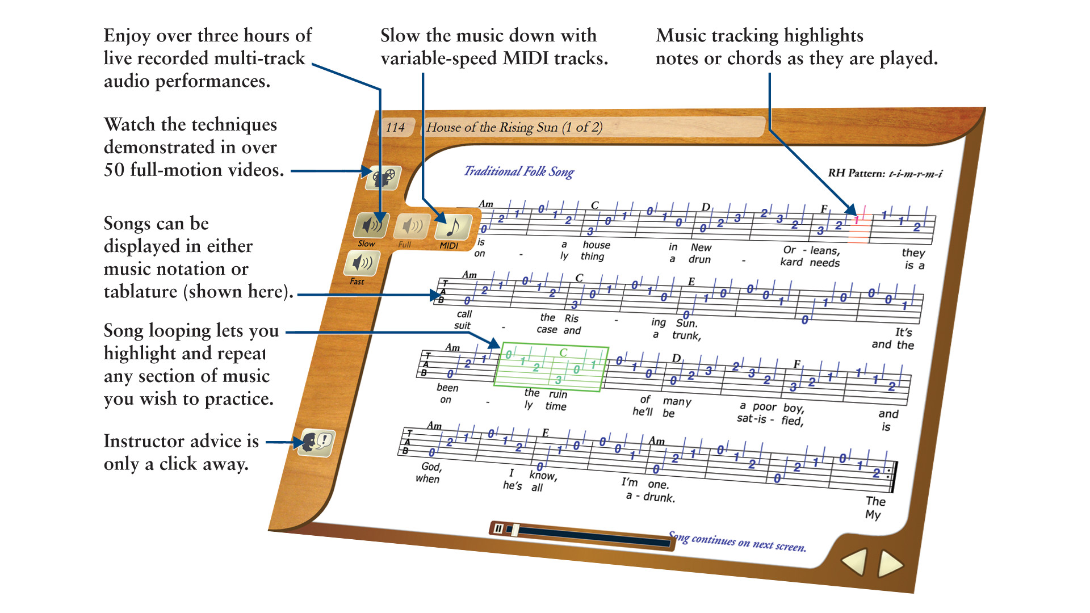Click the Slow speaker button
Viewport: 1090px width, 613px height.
tap(371, 225)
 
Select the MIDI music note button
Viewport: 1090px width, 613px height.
tap(452, 228)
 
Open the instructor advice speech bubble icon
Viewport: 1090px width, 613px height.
tap(316, 442)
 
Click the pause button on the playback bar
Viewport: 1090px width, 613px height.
tap(498, 528)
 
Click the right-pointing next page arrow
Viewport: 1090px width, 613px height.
tap(890, 564)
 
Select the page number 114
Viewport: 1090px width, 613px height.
tap(395, 127)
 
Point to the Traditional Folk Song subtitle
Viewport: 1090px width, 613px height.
tap(519, 171)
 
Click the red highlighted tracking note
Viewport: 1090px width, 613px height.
tap(857, 221)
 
